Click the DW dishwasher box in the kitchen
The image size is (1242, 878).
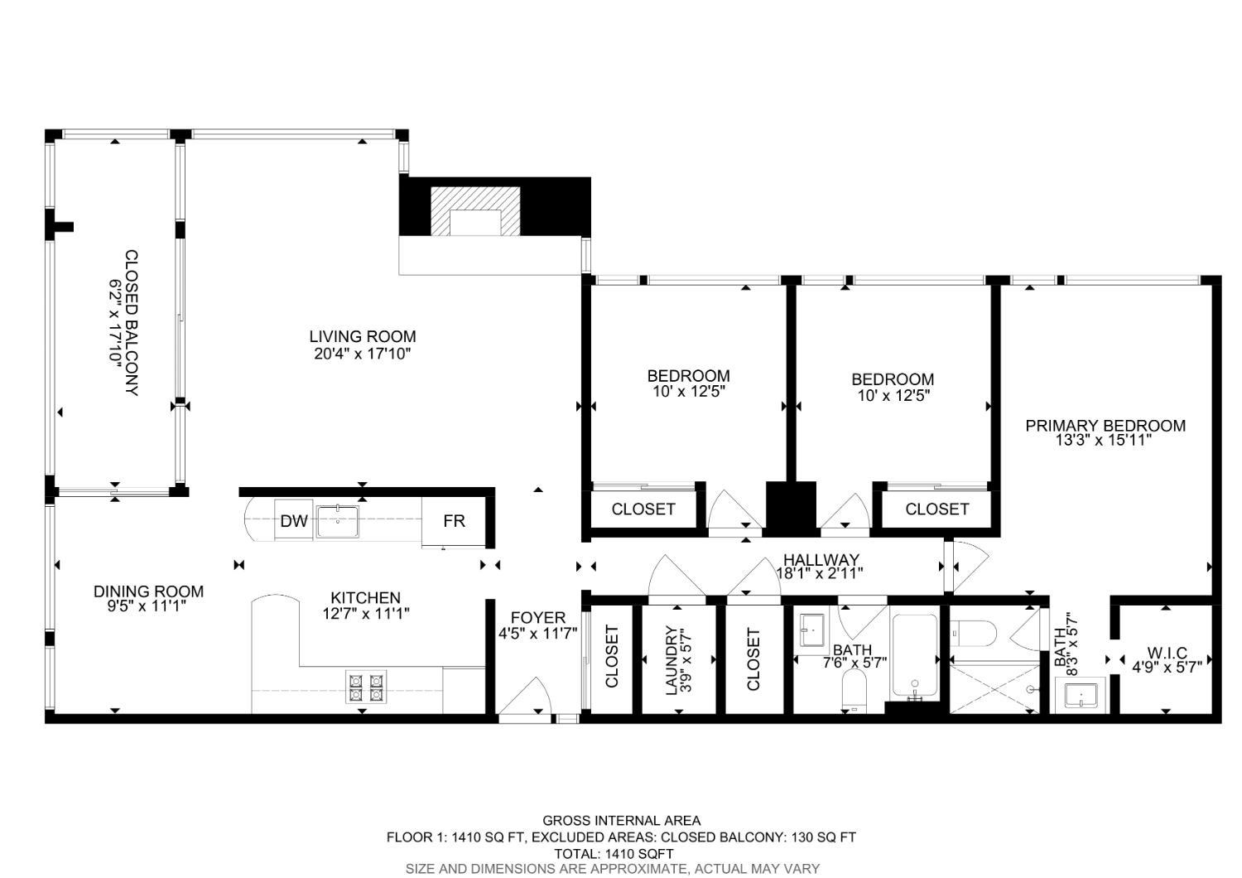pyautogui.click(x=294, y=521)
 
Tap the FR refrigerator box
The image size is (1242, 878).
pyautogui.click(x=454, y=521)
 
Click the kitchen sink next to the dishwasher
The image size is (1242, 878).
pyautogui.click(x=337, y=520)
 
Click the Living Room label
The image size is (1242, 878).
pyautogui.click(x=362, y=336)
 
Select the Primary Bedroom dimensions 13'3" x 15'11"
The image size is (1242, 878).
pyautogui.click(x=1105, y=441)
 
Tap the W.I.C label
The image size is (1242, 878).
pyautogui.click(x=1167, y=653)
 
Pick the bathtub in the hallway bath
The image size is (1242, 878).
pyautogui.click(x=915, y=657)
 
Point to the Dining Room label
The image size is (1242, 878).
pyautogui.click(x=148, y=591)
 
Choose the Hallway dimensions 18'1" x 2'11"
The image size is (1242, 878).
pyautogui.click(x=820, y=572)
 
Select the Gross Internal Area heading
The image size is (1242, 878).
pyautogui.click(x=621, y=821)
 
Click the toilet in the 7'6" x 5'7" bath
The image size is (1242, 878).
pyautogui.click(x=853, y=690)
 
